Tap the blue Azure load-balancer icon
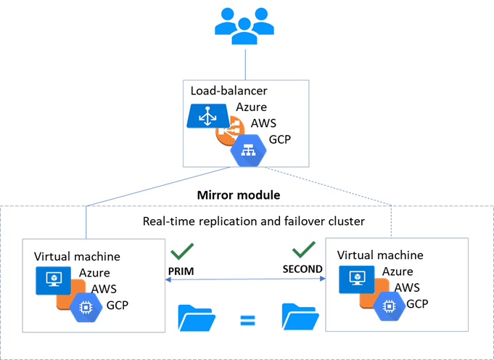[x=208, y=116]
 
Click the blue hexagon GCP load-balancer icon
[x=247, y=150]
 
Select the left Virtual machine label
[x=77, y=256]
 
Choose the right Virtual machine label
[x=380, y=255]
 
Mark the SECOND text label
[x=302, y=269]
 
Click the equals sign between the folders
[x=247, y=319]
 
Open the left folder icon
[x=195, y=318]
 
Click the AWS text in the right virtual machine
[x=406, y=287]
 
